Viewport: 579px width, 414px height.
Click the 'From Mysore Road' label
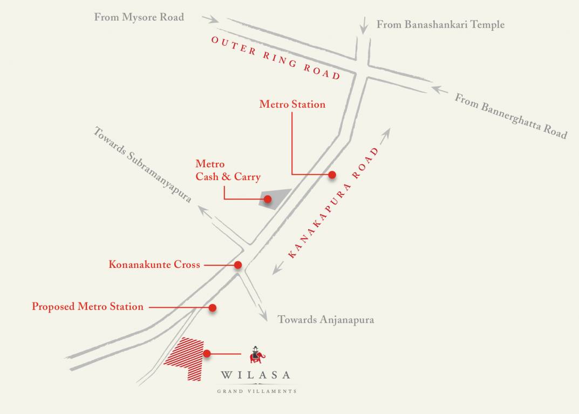(139, 17)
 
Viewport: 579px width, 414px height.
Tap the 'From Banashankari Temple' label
(440, 24)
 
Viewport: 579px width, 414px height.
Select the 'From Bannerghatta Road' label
(510, 116)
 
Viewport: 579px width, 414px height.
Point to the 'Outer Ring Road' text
(276, 58)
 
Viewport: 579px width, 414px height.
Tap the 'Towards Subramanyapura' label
(142, 164)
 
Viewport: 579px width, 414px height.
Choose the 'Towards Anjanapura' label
(325, 320)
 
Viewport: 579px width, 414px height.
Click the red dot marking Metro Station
(332, 175)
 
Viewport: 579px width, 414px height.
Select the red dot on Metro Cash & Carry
(268, 199)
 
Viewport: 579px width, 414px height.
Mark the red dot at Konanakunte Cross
(238, 265)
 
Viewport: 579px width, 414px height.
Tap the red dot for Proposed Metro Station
(213, 308)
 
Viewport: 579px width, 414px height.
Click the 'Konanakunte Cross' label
(154, 265)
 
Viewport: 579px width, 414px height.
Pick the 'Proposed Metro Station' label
(88, 307)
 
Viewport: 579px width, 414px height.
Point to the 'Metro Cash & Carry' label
(228, 170)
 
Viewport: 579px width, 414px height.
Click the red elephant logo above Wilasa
(257, 354)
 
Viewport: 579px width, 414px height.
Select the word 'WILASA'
(256, 375)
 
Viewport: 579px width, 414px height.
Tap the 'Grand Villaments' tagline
(257, 391)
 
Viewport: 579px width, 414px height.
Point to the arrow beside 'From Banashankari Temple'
(364, 25)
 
